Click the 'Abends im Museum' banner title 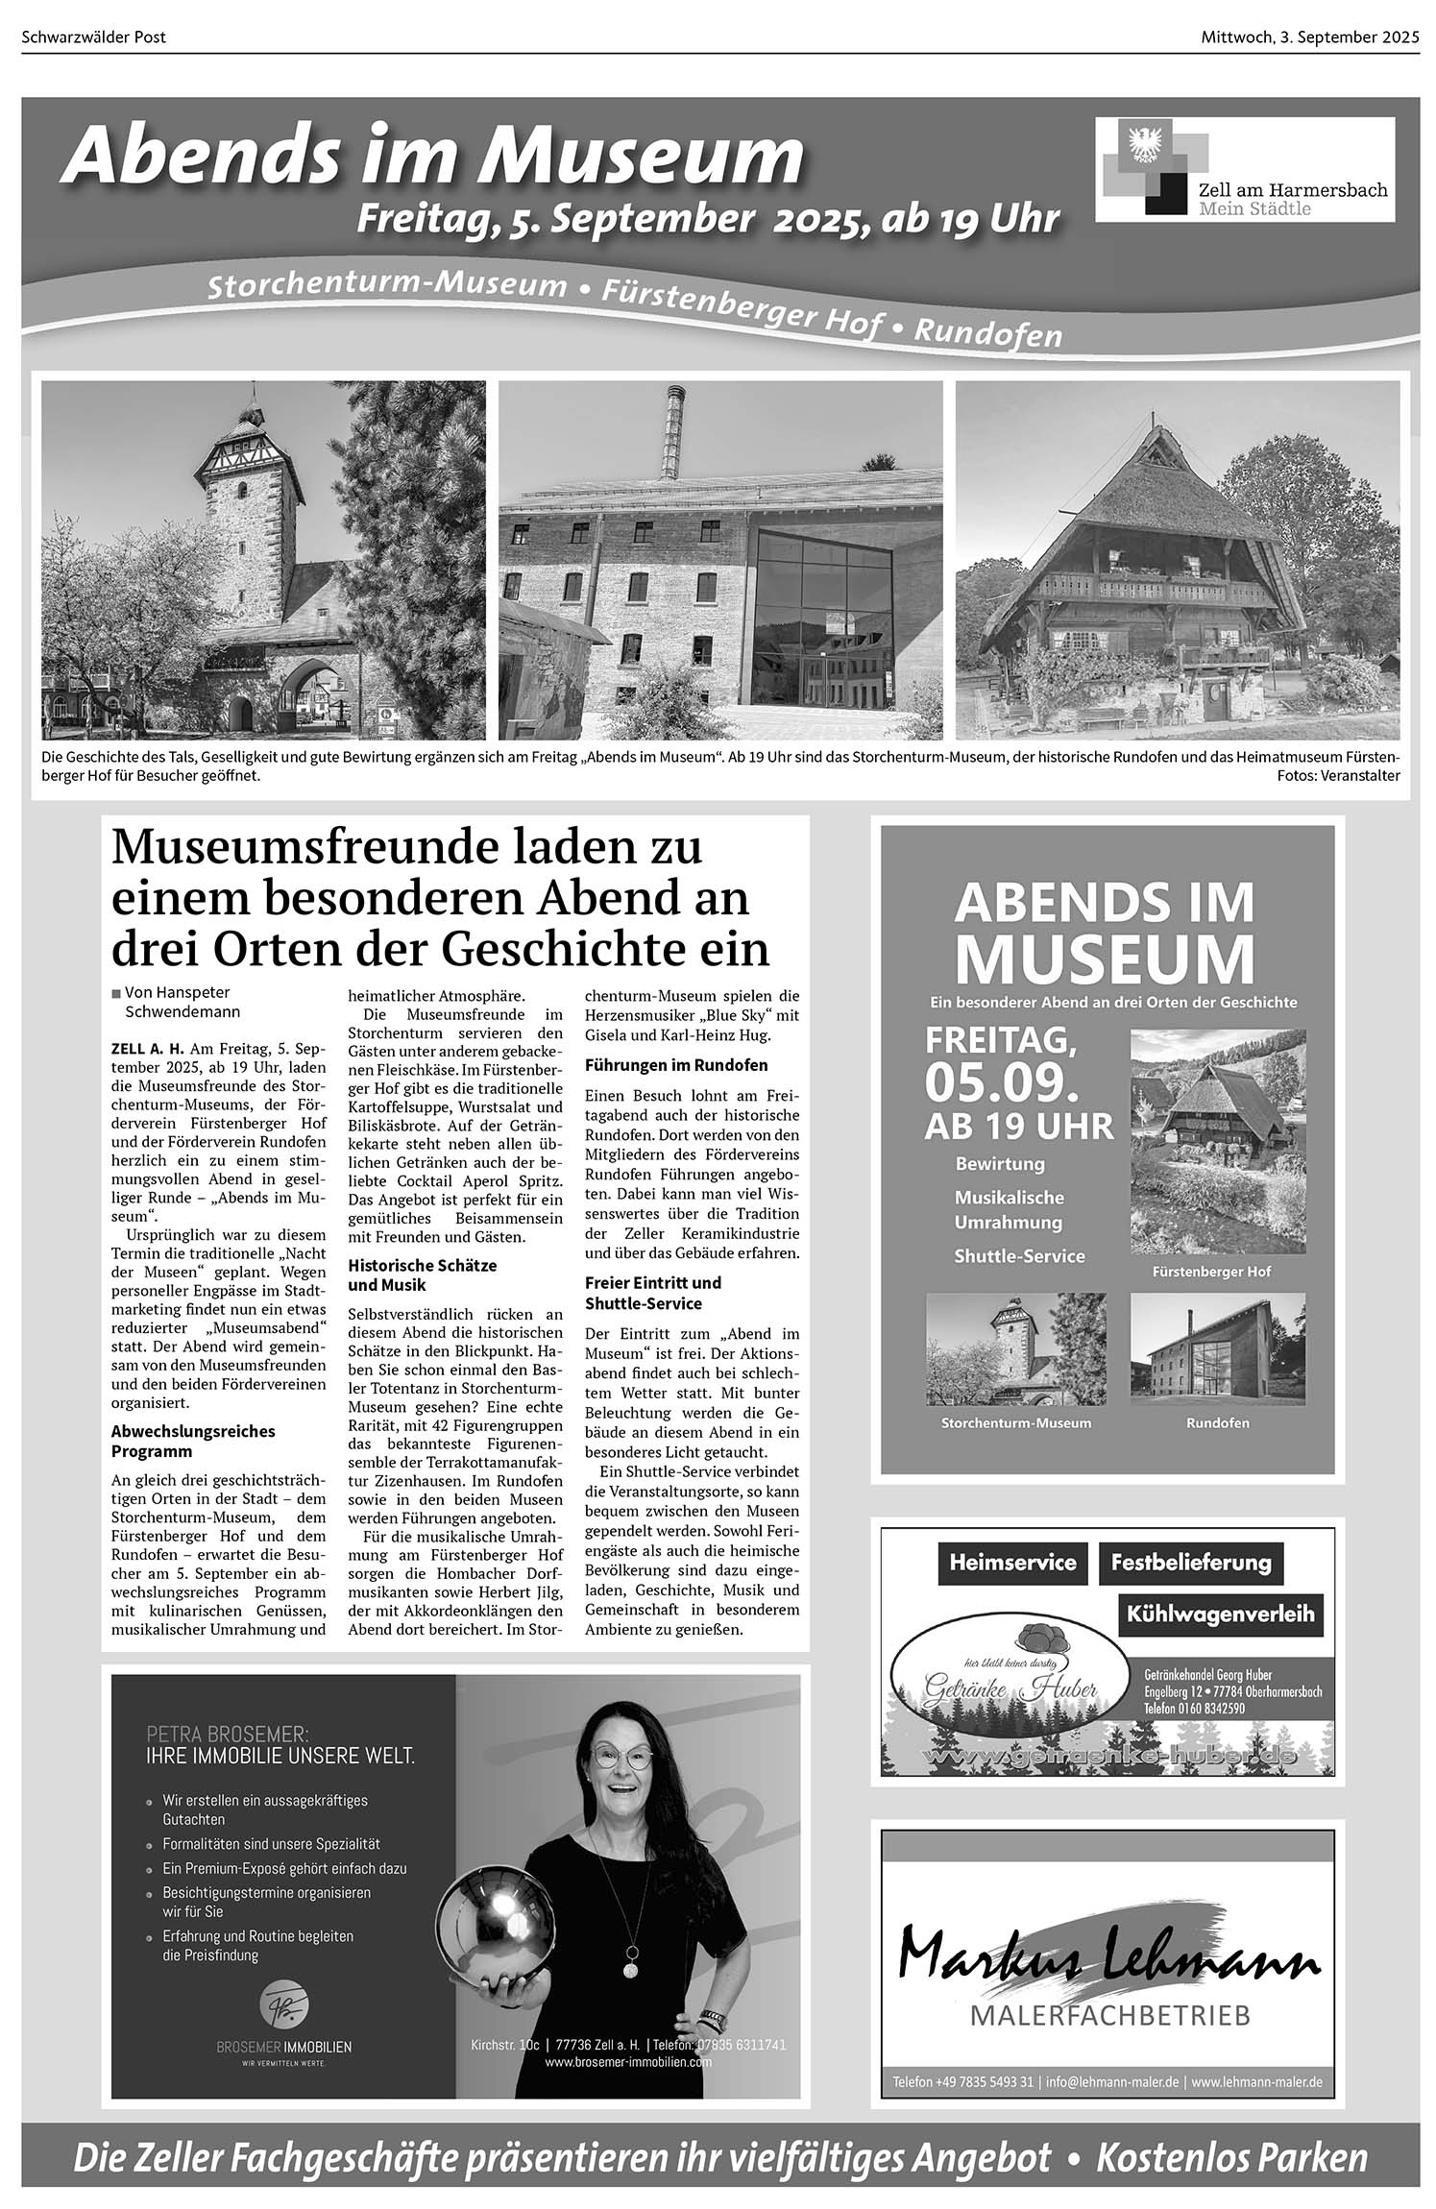coord(432,156)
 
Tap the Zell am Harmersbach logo coord(1245,169)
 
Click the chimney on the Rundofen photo coord(670,432)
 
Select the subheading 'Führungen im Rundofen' coord(676,1065)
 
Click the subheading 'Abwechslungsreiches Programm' coord(193,1441)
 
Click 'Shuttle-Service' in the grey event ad coord(1019,1256)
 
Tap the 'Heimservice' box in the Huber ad coord(1012,1563)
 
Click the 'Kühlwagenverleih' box coord(1220,1614)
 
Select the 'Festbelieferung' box coord(1190,1563)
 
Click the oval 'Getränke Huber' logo coord(1009,1681)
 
